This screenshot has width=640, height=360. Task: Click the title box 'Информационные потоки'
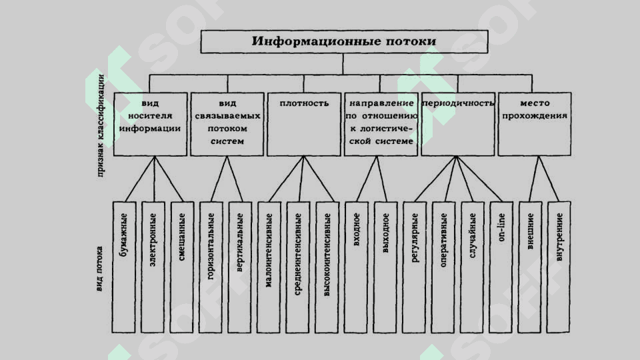(x=343, y=42)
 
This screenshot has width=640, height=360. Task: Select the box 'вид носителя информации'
(x=151, y=124)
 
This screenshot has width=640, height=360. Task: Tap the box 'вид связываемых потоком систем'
(x=227, y=124)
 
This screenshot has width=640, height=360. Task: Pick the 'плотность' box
(x=304, y=124)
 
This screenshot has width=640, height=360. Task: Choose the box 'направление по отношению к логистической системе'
(x=381, y=124)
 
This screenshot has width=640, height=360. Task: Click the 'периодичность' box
(x=457, y=124)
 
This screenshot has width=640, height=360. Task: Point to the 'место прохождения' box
(x=535, y=124)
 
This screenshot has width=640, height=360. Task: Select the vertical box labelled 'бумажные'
(x=125, y=267)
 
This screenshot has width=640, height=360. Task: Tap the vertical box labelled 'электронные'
(x=154, y=267)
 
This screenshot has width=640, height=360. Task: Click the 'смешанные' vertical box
(x=183, y=267)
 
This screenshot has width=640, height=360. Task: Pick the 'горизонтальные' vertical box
(x=212, y=267)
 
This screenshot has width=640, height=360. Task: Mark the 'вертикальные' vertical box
(x=241, y=267)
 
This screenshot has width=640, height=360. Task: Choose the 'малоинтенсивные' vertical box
(x=269, y=267)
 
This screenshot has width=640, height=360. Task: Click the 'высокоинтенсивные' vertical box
(x=327, y=267)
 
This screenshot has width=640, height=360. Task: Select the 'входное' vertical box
(x=357, y=267)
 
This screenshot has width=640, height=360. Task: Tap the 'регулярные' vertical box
(x=415, y=267)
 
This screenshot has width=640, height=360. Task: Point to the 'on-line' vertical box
(x=501, y=267)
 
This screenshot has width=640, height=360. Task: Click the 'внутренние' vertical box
(x=559, y=267)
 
